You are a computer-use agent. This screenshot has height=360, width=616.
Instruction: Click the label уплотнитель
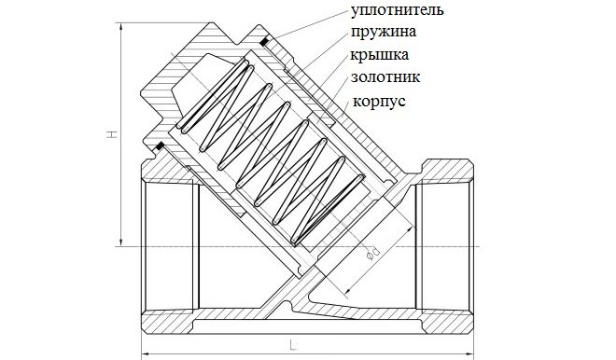click(x=397, y=10)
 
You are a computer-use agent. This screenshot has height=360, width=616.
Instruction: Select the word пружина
click(x=383, y=33)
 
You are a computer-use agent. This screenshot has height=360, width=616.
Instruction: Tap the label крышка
click(x=379, y=55)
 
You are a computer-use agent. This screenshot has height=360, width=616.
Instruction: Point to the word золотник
click(x=385, y=77)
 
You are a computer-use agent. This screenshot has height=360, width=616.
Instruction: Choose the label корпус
click(x=379, y=102)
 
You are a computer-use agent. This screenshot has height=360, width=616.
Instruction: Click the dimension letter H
click(x=112, y=134)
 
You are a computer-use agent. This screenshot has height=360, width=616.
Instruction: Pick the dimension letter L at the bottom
click(x=293, y=345)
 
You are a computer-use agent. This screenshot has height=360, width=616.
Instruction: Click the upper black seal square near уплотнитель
click(x=264, y=41)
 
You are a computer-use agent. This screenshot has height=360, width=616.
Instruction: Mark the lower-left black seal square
click(x=160, y=146)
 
